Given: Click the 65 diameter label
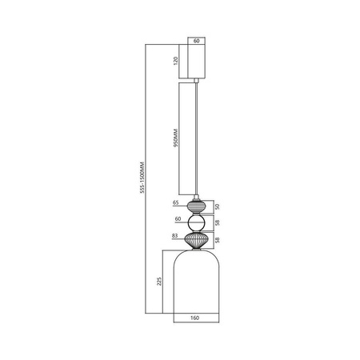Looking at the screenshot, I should click(x=175, y=204).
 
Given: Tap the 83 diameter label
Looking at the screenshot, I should click(x=174, y=236).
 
